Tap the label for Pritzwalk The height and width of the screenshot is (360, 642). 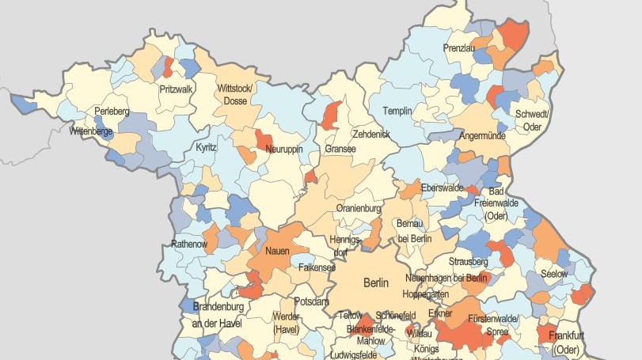(176, 89)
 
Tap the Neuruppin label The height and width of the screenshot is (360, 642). (284, 149)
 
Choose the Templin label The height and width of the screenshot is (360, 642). (397, 112)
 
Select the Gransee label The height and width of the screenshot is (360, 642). (340, 149)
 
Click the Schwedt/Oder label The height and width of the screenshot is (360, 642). (532, 120)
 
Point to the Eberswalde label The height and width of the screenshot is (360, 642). (442, 188)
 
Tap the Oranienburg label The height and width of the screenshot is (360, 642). (359, 208)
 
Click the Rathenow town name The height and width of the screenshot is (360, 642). (188, 244)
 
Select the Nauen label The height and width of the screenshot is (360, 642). (277, 252)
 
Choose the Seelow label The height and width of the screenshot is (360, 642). (554, 273)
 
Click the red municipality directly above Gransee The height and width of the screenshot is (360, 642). (332, 116)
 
